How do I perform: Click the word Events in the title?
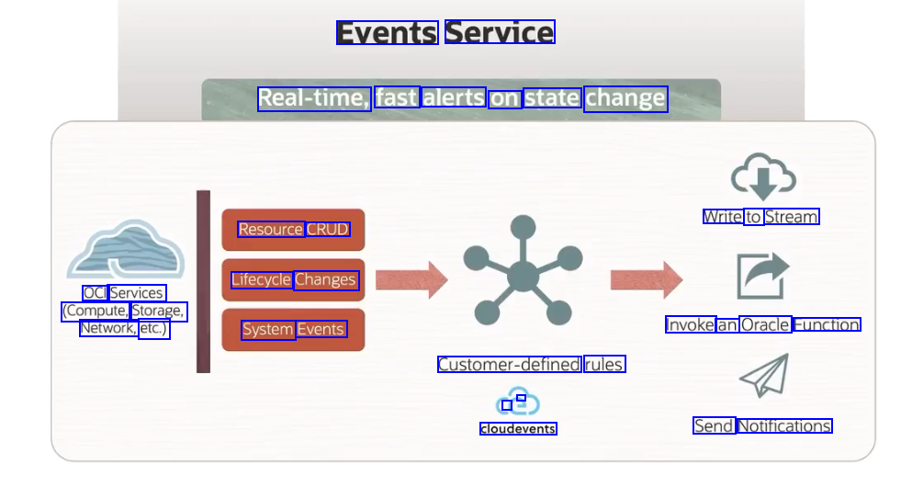(386, 33)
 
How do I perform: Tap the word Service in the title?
(500, 33)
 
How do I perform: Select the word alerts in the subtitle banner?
(454, 97)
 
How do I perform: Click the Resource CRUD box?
(293, 230)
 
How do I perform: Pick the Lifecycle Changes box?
(293, 280)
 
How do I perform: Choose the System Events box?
(293, 330)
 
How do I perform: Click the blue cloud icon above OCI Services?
(126, 250)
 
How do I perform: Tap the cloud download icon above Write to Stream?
(762, 178)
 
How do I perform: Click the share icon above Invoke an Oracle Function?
(762, 275)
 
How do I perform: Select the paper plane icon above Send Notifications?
(764, 376)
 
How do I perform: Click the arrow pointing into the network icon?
(411, 280)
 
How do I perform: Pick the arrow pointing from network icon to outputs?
(646, 280)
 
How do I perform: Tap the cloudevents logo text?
(518, 428)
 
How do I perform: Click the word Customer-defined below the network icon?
(509, 365)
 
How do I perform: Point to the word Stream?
(791, 217)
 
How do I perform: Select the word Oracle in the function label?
(765, 324)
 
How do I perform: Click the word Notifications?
(784, 425)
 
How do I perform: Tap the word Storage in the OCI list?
(158, 311)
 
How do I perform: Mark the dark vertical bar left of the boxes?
(203, 281)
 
